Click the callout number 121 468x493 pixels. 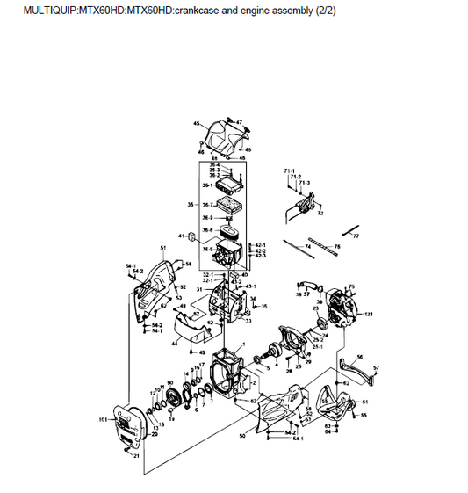tap(370, 314)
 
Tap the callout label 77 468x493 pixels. tap(356, 237)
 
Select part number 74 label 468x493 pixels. tap(307, 248)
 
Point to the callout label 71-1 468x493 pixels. tap(288, 170)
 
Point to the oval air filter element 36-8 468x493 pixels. tap(229, 235)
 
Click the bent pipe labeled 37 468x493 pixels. tap(310, 282)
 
